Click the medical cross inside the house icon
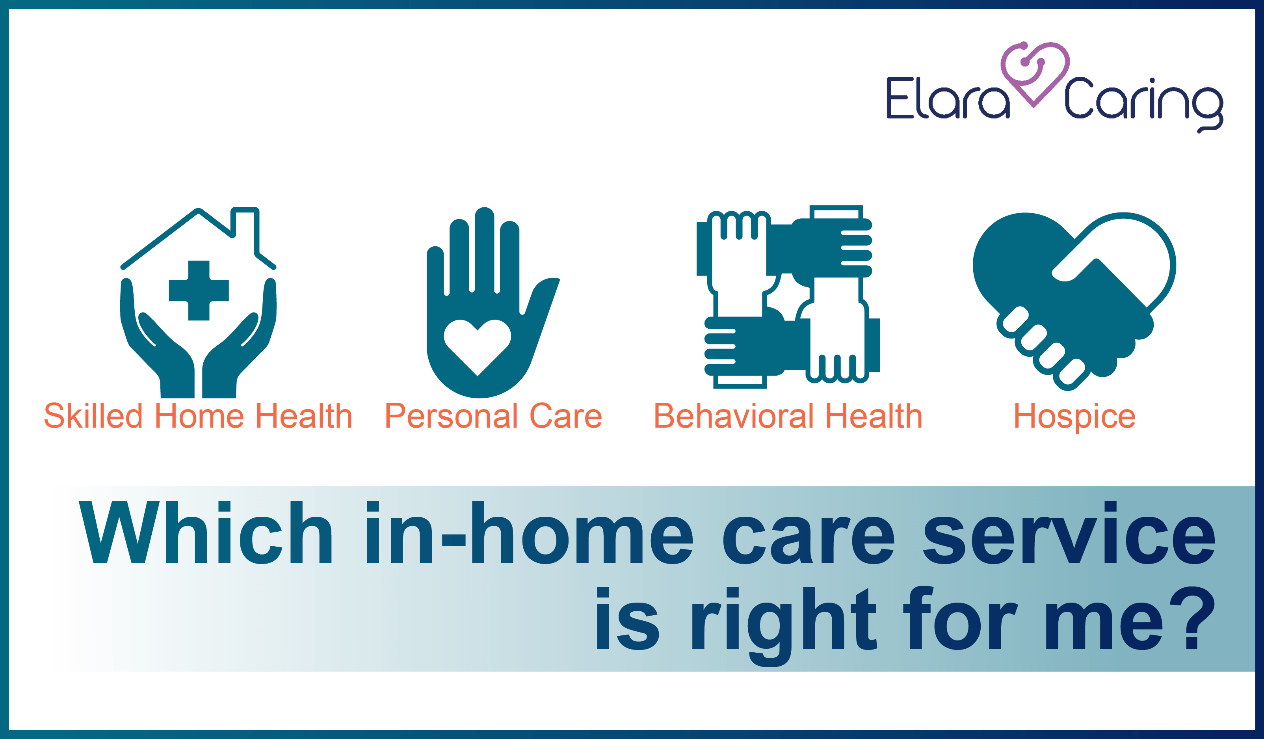pyautogui.click(x=199, y=290)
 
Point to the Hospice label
pyautogui.click(x=1074, y=417)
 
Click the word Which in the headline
pyautogui.click(x=206, y=532)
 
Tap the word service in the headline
pyautogui.click(x=1069, y=532)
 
